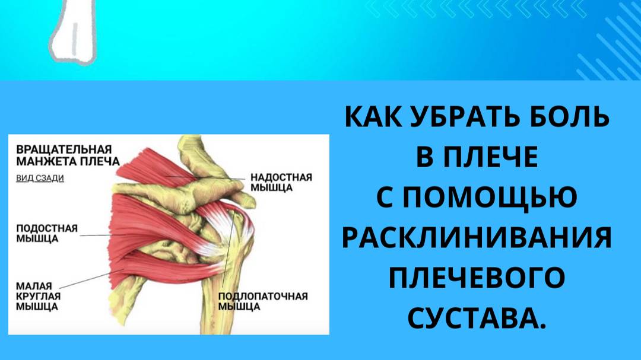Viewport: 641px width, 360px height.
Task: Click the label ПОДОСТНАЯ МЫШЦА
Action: pyautogui.click(x=46, y=233)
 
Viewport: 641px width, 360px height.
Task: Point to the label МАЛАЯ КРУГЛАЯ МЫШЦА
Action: pyautogui.click(x=37, y=296)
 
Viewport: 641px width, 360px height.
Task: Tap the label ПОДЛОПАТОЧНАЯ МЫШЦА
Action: pyautogui.click(x=263, y=301)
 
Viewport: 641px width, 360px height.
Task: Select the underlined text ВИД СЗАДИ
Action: pyautogui.click(x=40, y=177)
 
